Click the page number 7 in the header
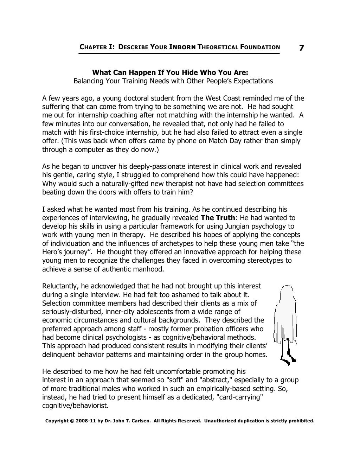pyautogui.click(x=301, y=47)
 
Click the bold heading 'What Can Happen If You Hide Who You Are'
pyautogui.click(x=170, y=72)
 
